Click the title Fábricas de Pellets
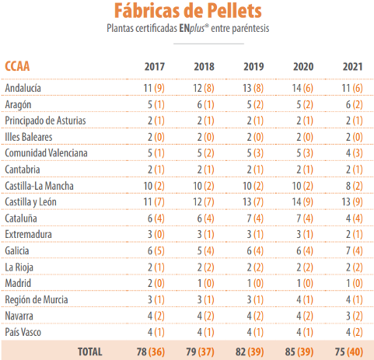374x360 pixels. coord(188,11)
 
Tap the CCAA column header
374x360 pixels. coord(17,66)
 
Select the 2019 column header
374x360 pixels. coord(253,67)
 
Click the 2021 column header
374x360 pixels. coord(352,67)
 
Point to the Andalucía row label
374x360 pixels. coord(23,88)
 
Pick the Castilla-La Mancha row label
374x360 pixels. coord(39,186)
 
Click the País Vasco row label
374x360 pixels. coord(23,332)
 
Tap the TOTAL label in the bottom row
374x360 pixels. coord(90,351)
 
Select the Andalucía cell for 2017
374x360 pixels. coord(154,88)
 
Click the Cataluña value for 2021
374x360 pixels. coord(355,218)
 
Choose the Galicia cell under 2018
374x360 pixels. coord(205,251)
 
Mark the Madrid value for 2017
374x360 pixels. coord(156,283)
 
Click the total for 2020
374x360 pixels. coord(299,352)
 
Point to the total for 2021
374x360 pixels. coord(349,352)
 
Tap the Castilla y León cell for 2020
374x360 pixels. coord(302,202)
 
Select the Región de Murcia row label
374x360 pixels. coord(37,300)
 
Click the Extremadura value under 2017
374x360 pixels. coord(156,235)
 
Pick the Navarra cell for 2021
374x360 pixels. coord(355,316)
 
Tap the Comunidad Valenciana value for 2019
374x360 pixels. coord(255,153)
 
